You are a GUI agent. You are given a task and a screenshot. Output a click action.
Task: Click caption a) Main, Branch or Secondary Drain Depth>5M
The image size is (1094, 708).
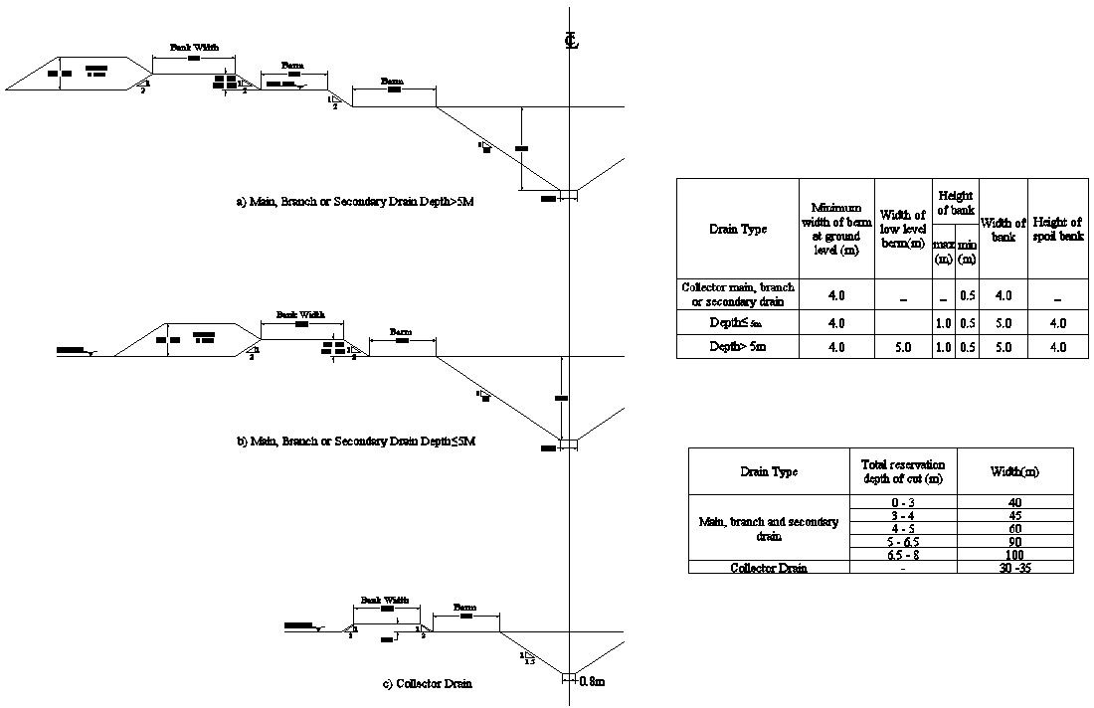pyautogui.click(x=355, y=202)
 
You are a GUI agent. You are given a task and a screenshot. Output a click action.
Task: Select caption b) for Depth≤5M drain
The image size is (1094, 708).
pyautogui.click(x=356, y=441)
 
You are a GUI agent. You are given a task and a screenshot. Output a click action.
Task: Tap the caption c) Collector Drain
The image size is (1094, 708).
pyautogui.click(x=427, y=683)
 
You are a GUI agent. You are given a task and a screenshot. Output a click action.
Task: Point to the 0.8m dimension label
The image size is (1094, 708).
pyautogui.click(x=592, y=682)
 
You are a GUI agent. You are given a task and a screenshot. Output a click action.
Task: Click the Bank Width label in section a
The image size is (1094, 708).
pyautogui.click(x=193, y=47)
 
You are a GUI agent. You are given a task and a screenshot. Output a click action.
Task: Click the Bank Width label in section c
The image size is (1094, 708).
pyautogui.click(x=384, y=601)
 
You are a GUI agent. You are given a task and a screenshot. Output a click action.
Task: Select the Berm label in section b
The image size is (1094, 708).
pyautogui.click(x=401, y=331)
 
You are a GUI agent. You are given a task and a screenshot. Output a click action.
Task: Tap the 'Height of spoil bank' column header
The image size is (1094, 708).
pyautogui.click(x=1057, y=229)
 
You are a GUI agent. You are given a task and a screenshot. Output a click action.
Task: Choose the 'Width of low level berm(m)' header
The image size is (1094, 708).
pyautogui.click(x=903, y=229)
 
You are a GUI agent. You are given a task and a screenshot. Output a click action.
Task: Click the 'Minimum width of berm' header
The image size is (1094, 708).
pyautogui.click(x=836, y=230)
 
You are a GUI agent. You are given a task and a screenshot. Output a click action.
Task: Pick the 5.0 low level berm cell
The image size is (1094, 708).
pyautogui.click(x=903, y=347)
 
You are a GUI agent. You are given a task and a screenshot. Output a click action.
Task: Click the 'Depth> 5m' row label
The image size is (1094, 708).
pyautogui.click(x=737, y=347)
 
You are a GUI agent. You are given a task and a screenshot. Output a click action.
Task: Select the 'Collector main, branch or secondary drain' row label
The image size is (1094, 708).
pyautogui.click(x=737, y=294)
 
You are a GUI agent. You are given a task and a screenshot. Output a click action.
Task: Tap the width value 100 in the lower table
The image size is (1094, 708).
pyautogui.click(x=1014, y=555)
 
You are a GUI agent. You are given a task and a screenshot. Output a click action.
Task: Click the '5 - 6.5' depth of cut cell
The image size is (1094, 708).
pyautogui.click(x=903, y=542)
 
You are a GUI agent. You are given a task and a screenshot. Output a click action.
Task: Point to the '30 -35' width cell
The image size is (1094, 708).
pyautogui.click(x=1014, y=568)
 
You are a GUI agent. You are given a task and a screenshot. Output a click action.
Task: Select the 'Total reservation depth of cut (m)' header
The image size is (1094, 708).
pyautogui.click(x=903, y=471)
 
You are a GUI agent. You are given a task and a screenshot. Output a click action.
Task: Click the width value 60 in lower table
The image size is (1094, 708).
pyautogui.click(x=1014, y=529)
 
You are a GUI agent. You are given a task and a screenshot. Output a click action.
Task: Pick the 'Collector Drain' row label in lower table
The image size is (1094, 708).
pyautogui.click(x=769, y=568)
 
